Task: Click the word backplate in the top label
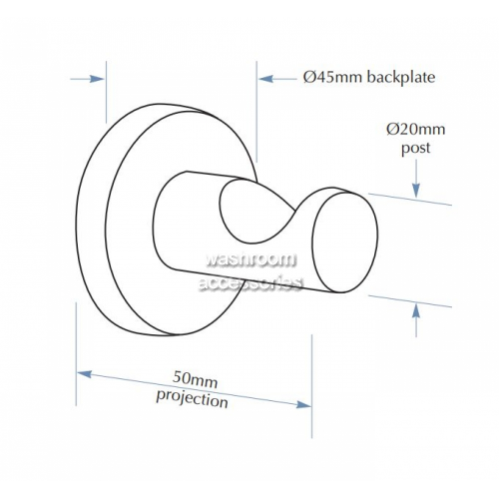[401, 78]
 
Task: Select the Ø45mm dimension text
[332, 78]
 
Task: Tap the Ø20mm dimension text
[416, 129]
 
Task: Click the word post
[416, 148]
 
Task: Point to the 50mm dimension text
[195, 379]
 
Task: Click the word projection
[193, 398]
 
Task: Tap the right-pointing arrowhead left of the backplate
[98, 79]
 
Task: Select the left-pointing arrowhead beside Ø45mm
[265, 79]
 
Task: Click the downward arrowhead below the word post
[416, 191]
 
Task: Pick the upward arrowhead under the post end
[416, 312]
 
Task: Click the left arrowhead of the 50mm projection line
[84, 374]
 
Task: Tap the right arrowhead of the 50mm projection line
[303, 404]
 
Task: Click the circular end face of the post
[345, 243]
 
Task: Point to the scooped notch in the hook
[248, 215]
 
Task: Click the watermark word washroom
[250, 259]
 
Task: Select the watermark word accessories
[250, 283]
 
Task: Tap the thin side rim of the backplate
[93, 220]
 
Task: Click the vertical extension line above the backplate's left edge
[106, 92]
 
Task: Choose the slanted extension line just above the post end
[410, 200]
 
